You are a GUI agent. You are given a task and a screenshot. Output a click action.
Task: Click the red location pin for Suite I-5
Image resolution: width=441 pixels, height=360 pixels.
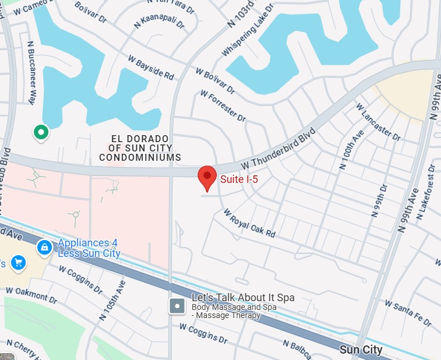tap(207, 177)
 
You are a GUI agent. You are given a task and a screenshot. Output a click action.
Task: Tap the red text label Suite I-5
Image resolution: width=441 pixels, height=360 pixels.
tap(239, 179)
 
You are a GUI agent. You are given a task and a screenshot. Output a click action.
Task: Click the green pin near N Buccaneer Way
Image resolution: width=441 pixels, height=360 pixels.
tap(41, 132)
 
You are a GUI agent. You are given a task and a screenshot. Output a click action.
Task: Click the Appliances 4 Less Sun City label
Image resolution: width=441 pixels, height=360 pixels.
tap(89, 248)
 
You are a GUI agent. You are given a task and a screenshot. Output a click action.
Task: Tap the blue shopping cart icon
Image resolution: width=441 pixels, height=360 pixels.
tap(18, 263)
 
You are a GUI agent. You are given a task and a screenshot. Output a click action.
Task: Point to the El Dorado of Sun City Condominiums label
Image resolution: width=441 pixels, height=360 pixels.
tap(140, 148)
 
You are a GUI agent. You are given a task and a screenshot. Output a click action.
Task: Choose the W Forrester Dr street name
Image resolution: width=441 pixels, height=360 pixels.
tap(223, 105)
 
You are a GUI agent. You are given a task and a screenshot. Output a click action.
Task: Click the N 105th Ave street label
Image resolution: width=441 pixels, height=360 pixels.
tap(112, 302)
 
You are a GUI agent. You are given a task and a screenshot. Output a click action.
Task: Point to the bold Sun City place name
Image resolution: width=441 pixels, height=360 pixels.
tap(361, 350)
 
